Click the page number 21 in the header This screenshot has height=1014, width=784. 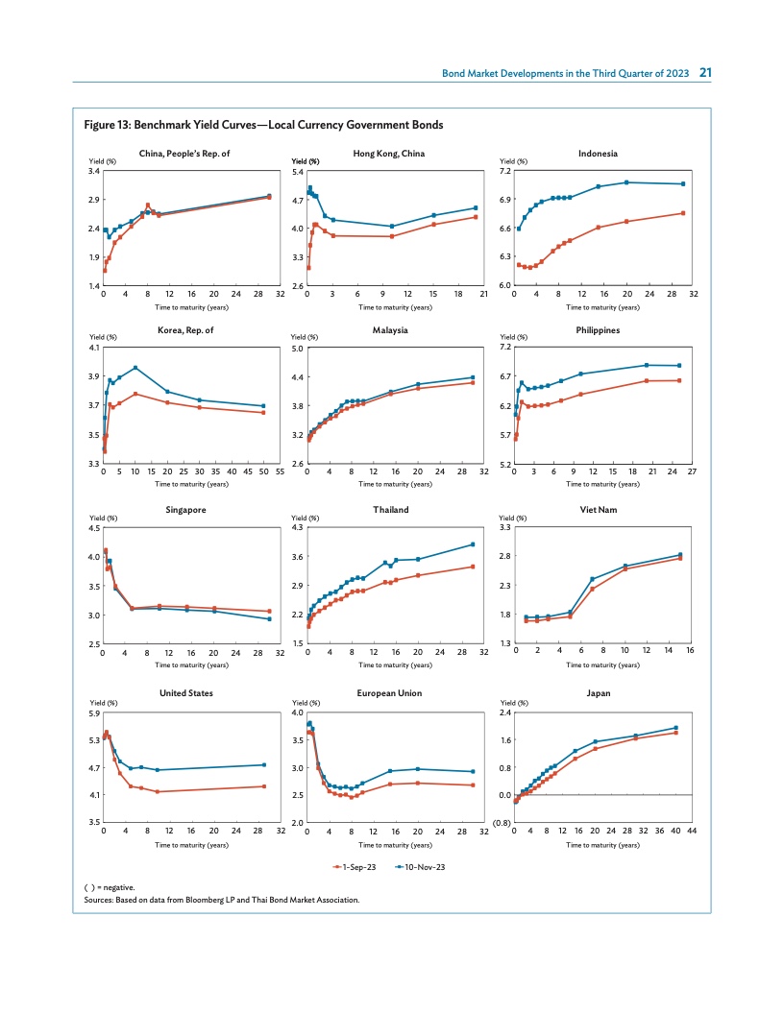[x=705, y=73]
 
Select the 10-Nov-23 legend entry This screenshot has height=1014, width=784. [x=420, y=866]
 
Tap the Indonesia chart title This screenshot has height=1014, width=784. [x=598, y=154]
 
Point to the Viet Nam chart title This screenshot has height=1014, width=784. [x=598, y=510]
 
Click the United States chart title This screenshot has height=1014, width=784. [x=186, y=692]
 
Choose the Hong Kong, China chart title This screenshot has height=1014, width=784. [x=389, y=154]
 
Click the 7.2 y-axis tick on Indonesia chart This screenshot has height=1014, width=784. [x=505, y=171]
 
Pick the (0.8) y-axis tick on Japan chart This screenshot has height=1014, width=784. [x=502, y=823]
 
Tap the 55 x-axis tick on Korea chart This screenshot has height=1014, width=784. [x=280, y=472]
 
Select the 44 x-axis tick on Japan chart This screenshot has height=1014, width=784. [x=691, y=832]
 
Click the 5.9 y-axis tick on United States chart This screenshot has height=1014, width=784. [x=94, y=713]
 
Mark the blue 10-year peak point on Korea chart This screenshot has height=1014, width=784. [x=135, y=368]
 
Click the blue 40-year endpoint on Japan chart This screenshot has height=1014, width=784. [x=675, y=728]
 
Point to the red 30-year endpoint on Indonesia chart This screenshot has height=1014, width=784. [x=682, y=213]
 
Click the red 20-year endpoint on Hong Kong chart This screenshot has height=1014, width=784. [x=476, y=217]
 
